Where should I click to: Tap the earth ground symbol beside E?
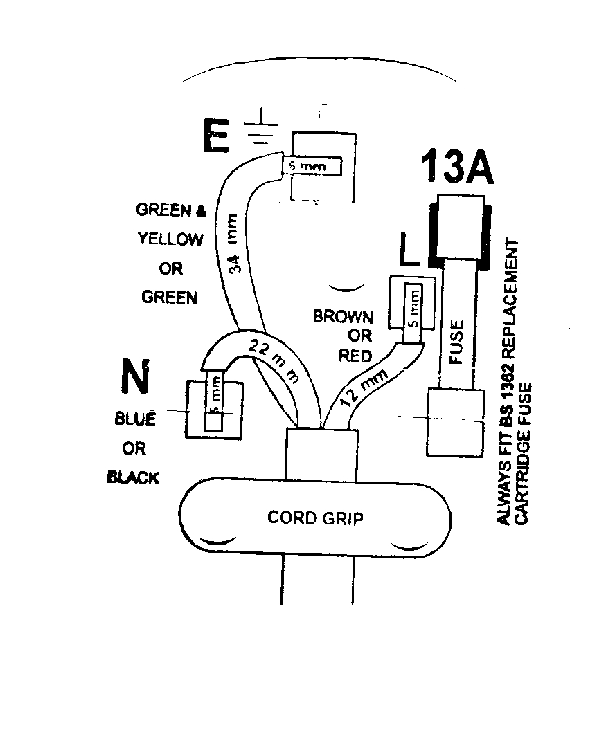[x=259, y=128]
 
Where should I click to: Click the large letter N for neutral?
[x=135, y=378]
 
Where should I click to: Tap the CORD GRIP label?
[x=314, y=518]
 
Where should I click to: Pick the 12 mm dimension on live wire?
[x=364, y=386]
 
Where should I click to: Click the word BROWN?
[x=343, y=317]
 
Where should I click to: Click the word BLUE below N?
[x=134, y=419]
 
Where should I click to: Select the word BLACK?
[x=134, y=477]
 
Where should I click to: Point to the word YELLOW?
[x=170, y=239]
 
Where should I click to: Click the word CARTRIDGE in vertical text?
[x=528, y=482]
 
